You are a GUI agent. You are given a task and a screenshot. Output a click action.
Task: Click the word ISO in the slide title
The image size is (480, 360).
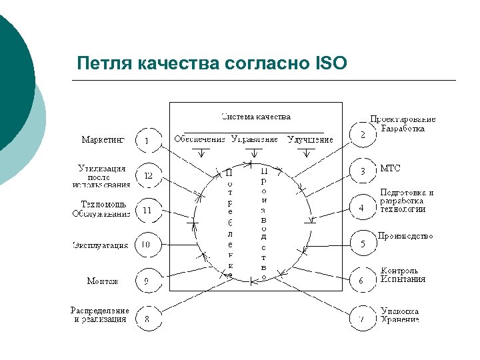coord(329,63)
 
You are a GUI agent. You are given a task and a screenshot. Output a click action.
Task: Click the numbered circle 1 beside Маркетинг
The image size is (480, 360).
coord(147,141)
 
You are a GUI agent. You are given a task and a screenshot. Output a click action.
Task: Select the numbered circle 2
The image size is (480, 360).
coord(363,135)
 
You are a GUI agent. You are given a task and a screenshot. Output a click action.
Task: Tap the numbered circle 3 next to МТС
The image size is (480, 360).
coord(363,171)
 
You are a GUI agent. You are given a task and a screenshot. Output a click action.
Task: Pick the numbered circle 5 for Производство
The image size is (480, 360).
coord(363,244)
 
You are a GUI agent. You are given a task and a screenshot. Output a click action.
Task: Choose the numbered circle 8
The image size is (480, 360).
coord(147,319)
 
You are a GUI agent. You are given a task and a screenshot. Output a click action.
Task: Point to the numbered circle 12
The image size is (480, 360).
coord(147,175)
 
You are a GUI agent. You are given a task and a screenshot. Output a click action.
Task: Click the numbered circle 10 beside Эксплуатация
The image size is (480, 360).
coord(147,245)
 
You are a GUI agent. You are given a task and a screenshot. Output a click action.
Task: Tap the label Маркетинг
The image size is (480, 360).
coord(103,140)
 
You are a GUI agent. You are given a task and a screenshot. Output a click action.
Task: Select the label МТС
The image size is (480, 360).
coord(390,168)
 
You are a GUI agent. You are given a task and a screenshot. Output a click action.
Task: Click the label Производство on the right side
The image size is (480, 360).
coord(405,236)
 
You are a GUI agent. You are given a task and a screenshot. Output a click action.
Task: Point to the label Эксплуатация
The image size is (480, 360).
coord(100,245)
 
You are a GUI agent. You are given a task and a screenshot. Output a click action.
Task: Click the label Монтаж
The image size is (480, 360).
coord(103,281)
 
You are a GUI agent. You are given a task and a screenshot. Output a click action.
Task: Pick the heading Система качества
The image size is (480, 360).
coord(256,117)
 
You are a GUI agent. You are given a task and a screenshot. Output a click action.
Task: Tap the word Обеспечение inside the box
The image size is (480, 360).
coord(200,139)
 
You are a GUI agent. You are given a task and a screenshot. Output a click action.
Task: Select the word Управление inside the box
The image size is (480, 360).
coord(255,139)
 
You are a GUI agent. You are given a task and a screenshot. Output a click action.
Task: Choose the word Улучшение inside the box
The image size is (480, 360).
coord(310,139)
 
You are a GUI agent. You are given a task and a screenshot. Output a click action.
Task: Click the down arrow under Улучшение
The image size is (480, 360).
coord(306,153)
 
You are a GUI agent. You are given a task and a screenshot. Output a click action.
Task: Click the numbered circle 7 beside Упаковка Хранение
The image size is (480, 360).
coord(362,319)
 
